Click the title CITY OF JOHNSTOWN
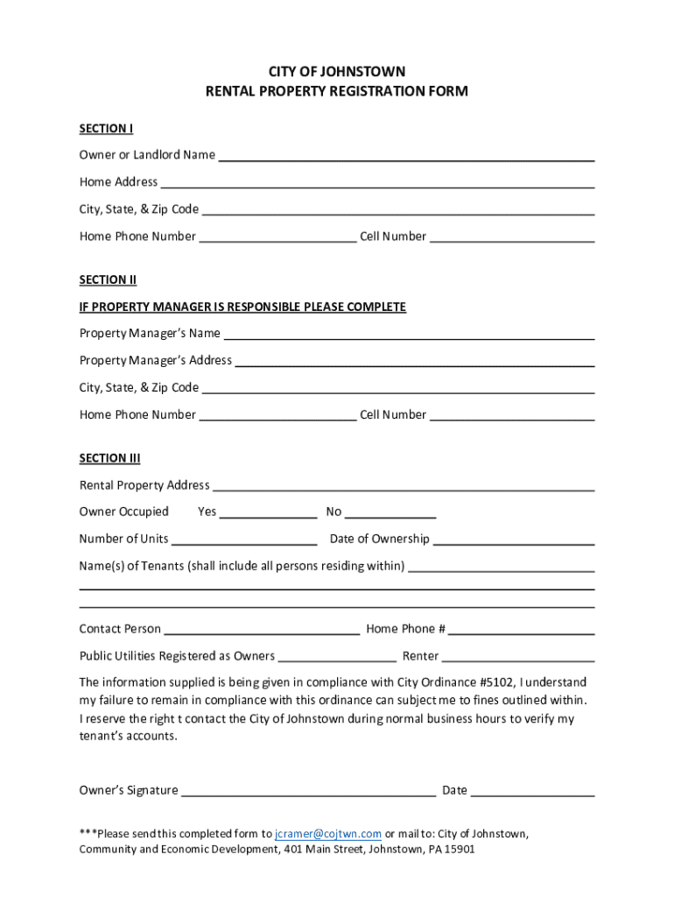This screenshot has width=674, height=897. (x=337, y=72)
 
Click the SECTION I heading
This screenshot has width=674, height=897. (x=106, y=129)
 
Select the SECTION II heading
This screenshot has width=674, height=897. (x=108, y=280)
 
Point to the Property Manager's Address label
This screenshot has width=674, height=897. (x=155, y=360)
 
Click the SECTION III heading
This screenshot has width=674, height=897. (x=109, y=458)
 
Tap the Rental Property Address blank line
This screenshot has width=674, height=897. (x=404, y=488)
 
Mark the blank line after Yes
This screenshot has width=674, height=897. (x=268, y=515)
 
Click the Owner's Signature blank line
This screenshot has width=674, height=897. (x=308, y=794)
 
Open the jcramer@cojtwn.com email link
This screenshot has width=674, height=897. (x=328, y=834)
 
